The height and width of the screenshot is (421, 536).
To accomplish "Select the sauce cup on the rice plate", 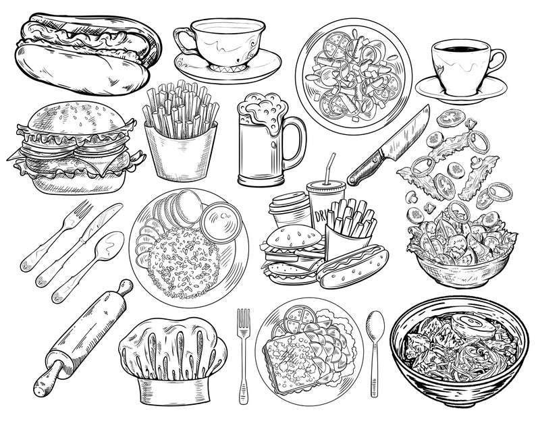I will tap(219, 223).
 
